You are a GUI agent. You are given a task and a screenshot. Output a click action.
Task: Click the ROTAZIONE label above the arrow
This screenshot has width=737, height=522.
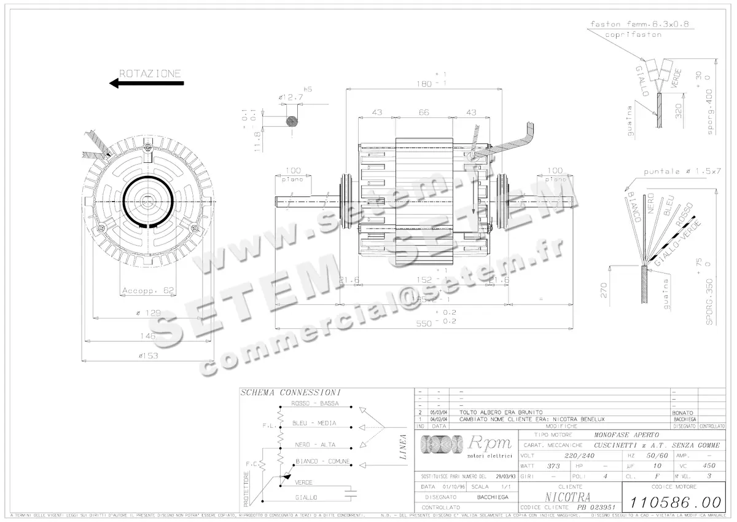150,73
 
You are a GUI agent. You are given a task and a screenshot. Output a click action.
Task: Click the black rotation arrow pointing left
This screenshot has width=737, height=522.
146,84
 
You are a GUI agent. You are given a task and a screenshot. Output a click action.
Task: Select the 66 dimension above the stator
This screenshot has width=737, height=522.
423,113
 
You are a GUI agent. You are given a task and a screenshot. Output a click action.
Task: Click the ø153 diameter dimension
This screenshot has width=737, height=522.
148,355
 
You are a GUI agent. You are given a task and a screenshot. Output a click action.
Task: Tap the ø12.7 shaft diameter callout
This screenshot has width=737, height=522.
291,97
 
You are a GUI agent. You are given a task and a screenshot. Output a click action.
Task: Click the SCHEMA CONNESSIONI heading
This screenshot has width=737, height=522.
282,392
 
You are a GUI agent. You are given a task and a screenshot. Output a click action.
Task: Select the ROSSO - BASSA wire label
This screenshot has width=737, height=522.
316,404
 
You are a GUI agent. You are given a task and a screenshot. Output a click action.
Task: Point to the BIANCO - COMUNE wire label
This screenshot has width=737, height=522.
322,461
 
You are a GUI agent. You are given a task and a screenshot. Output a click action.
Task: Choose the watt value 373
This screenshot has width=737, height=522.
553,466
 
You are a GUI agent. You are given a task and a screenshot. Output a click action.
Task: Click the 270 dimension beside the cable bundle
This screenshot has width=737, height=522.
603,290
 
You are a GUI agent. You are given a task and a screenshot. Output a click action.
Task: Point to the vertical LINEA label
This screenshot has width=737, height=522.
403,447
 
